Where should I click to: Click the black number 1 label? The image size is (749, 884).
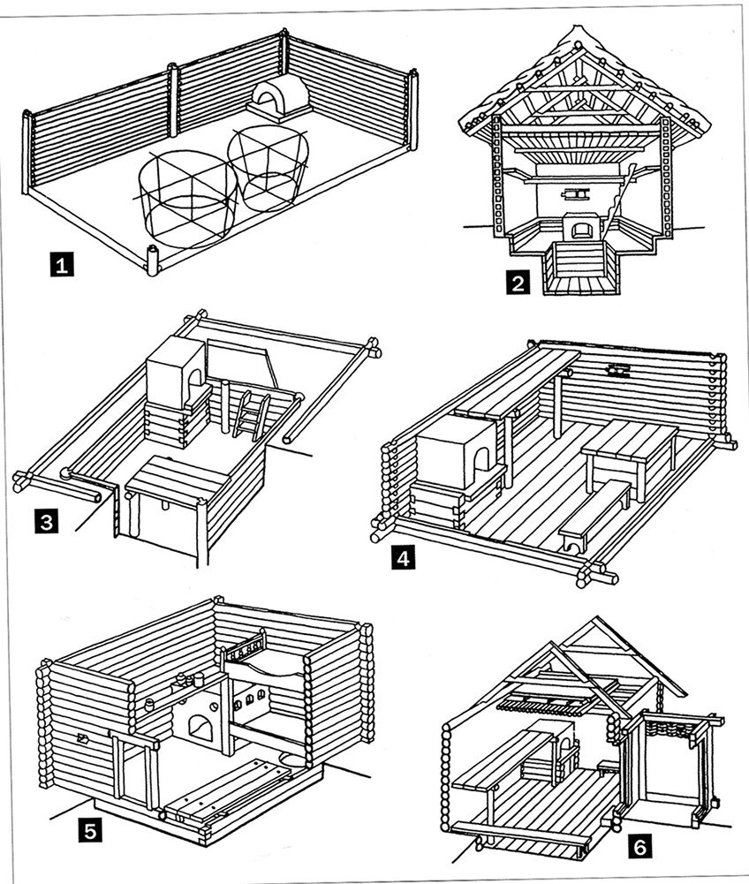[x=59, y=264]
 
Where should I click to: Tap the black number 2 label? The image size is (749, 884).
[x=518, y=284]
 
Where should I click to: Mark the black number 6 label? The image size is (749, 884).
[x=640, y=847]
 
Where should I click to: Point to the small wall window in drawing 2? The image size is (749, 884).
[x=579, y=192]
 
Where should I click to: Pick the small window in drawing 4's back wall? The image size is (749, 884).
[x=617, y=370]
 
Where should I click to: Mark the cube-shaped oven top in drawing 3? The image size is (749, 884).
[x=177, y=371]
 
